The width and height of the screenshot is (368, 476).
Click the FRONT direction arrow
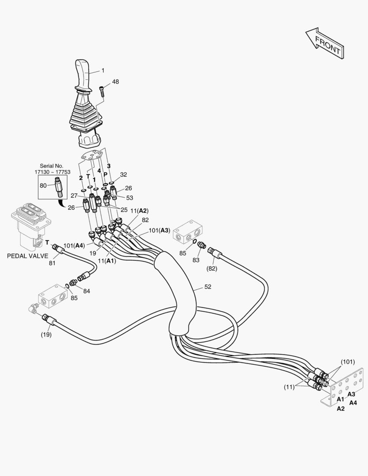coord(324,44)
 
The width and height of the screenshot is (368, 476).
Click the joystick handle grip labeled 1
coord(84,74)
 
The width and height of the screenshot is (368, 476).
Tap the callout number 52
coord(208,287)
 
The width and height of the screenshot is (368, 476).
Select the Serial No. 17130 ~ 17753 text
coord(52,169)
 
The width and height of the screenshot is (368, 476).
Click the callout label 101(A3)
coord(159,230)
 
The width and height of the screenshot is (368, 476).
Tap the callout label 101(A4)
coord(74,245)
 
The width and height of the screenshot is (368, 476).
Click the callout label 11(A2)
coord(139,211)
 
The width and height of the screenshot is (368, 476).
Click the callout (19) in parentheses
coord(46,334)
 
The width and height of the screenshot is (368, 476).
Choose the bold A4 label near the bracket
coord(353,402)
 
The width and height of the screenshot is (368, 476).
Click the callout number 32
coord(123,174)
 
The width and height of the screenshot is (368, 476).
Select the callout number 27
coord(74,195)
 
